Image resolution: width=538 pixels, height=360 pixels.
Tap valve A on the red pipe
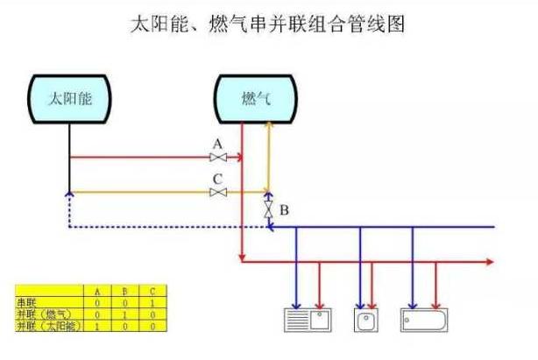pos(218,158)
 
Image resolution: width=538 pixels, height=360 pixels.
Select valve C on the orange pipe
pos(218,192)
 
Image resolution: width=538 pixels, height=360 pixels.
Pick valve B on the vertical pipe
pos(268,211)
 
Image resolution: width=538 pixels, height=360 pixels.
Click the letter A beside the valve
pos(217,144)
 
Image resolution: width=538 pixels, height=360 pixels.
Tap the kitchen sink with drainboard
pos(307,319)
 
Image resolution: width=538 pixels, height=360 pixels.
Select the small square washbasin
pos(366,319)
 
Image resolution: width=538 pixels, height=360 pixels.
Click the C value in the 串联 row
pos(153,302)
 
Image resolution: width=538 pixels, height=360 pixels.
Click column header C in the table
pos(153,291)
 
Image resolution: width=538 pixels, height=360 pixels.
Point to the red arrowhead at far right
pos(492,261)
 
